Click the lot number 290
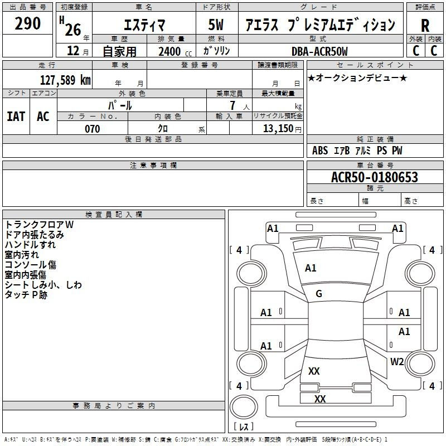pyautogui.click(x=28, y=23)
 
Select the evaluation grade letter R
pyautogui.click(x=425, y=26)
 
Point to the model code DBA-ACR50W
pyautogui.click(x=319, y=51)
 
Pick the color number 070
pyautogui.click(x=92, y=129)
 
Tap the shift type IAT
pyautogui.click(x=16, y=117)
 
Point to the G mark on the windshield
pyautogui.click(x=319, y=294)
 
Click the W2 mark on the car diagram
pyautogui.click(x=397, y=361)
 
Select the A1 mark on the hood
pyautogui.click(x=311, y=268)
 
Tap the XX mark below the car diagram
pyautogui.click(x=320, y=399)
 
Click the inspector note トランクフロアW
pyautogui.click(x=39, y=225)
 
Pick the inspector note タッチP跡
pyautogui.click(x=26, y=295)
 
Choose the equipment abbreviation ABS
pyautogui.click(x=320, y=151)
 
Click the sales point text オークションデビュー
pyautogui.click(x=357, y=77)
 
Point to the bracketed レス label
pyautogui.click(x=244, y=426)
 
